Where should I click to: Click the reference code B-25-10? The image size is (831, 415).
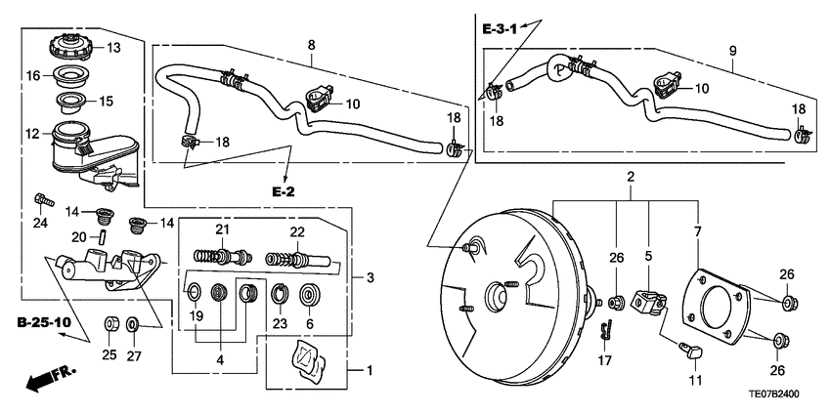click(x=43, y=321)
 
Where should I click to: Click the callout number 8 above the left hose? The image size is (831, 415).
click(x=311, y=45)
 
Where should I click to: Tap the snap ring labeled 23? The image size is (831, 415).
click(x=280, y=291)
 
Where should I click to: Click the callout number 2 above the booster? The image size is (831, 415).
click(x=631, y=178)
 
